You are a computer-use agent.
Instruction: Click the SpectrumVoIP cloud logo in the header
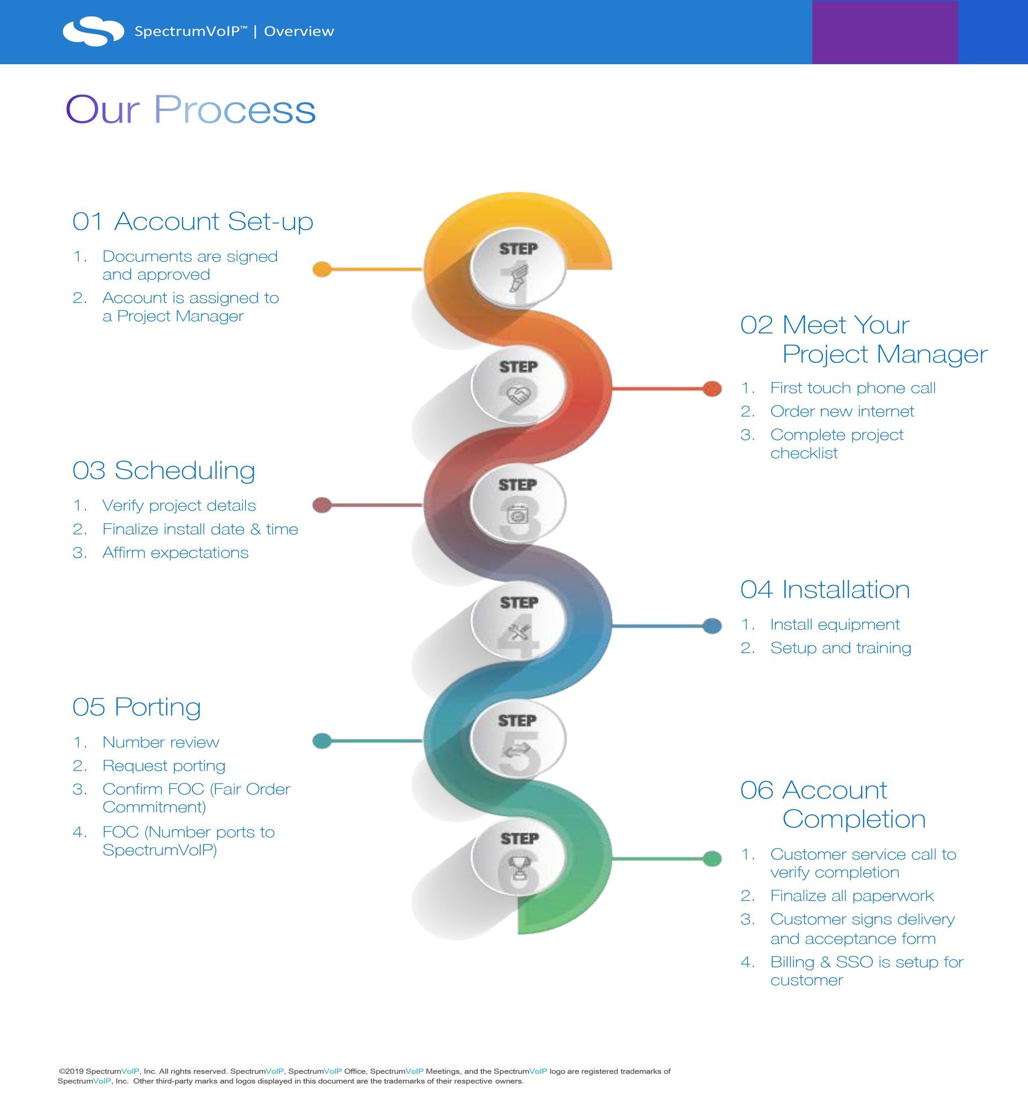93,31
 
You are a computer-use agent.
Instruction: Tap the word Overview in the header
299,32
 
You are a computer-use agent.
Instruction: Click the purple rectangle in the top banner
885,32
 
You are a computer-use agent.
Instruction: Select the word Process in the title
235,109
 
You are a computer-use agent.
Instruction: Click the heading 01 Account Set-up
192,222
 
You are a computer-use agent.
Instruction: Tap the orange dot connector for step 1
322,270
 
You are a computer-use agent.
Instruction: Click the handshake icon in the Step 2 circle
518,394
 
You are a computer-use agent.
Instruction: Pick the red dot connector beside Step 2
712,389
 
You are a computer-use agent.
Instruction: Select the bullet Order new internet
842,412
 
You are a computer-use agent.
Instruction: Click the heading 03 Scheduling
164,471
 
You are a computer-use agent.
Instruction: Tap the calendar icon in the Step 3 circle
518,515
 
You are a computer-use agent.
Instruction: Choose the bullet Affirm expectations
176,553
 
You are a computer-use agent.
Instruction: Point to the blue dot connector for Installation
712,626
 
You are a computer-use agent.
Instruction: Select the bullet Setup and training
841,648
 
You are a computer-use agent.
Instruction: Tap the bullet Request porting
164,766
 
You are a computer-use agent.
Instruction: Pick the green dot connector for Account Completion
712,858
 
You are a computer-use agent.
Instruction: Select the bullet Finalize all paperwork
851,896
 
